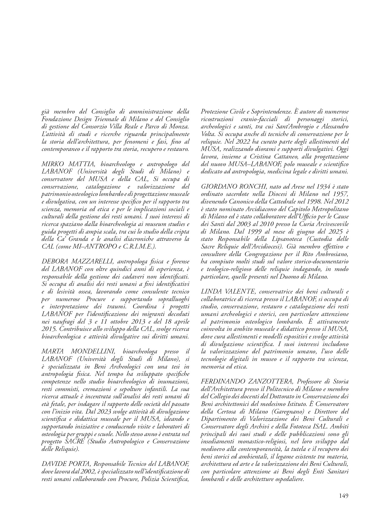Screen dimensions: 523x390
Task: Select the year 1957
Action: [341, 194]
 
